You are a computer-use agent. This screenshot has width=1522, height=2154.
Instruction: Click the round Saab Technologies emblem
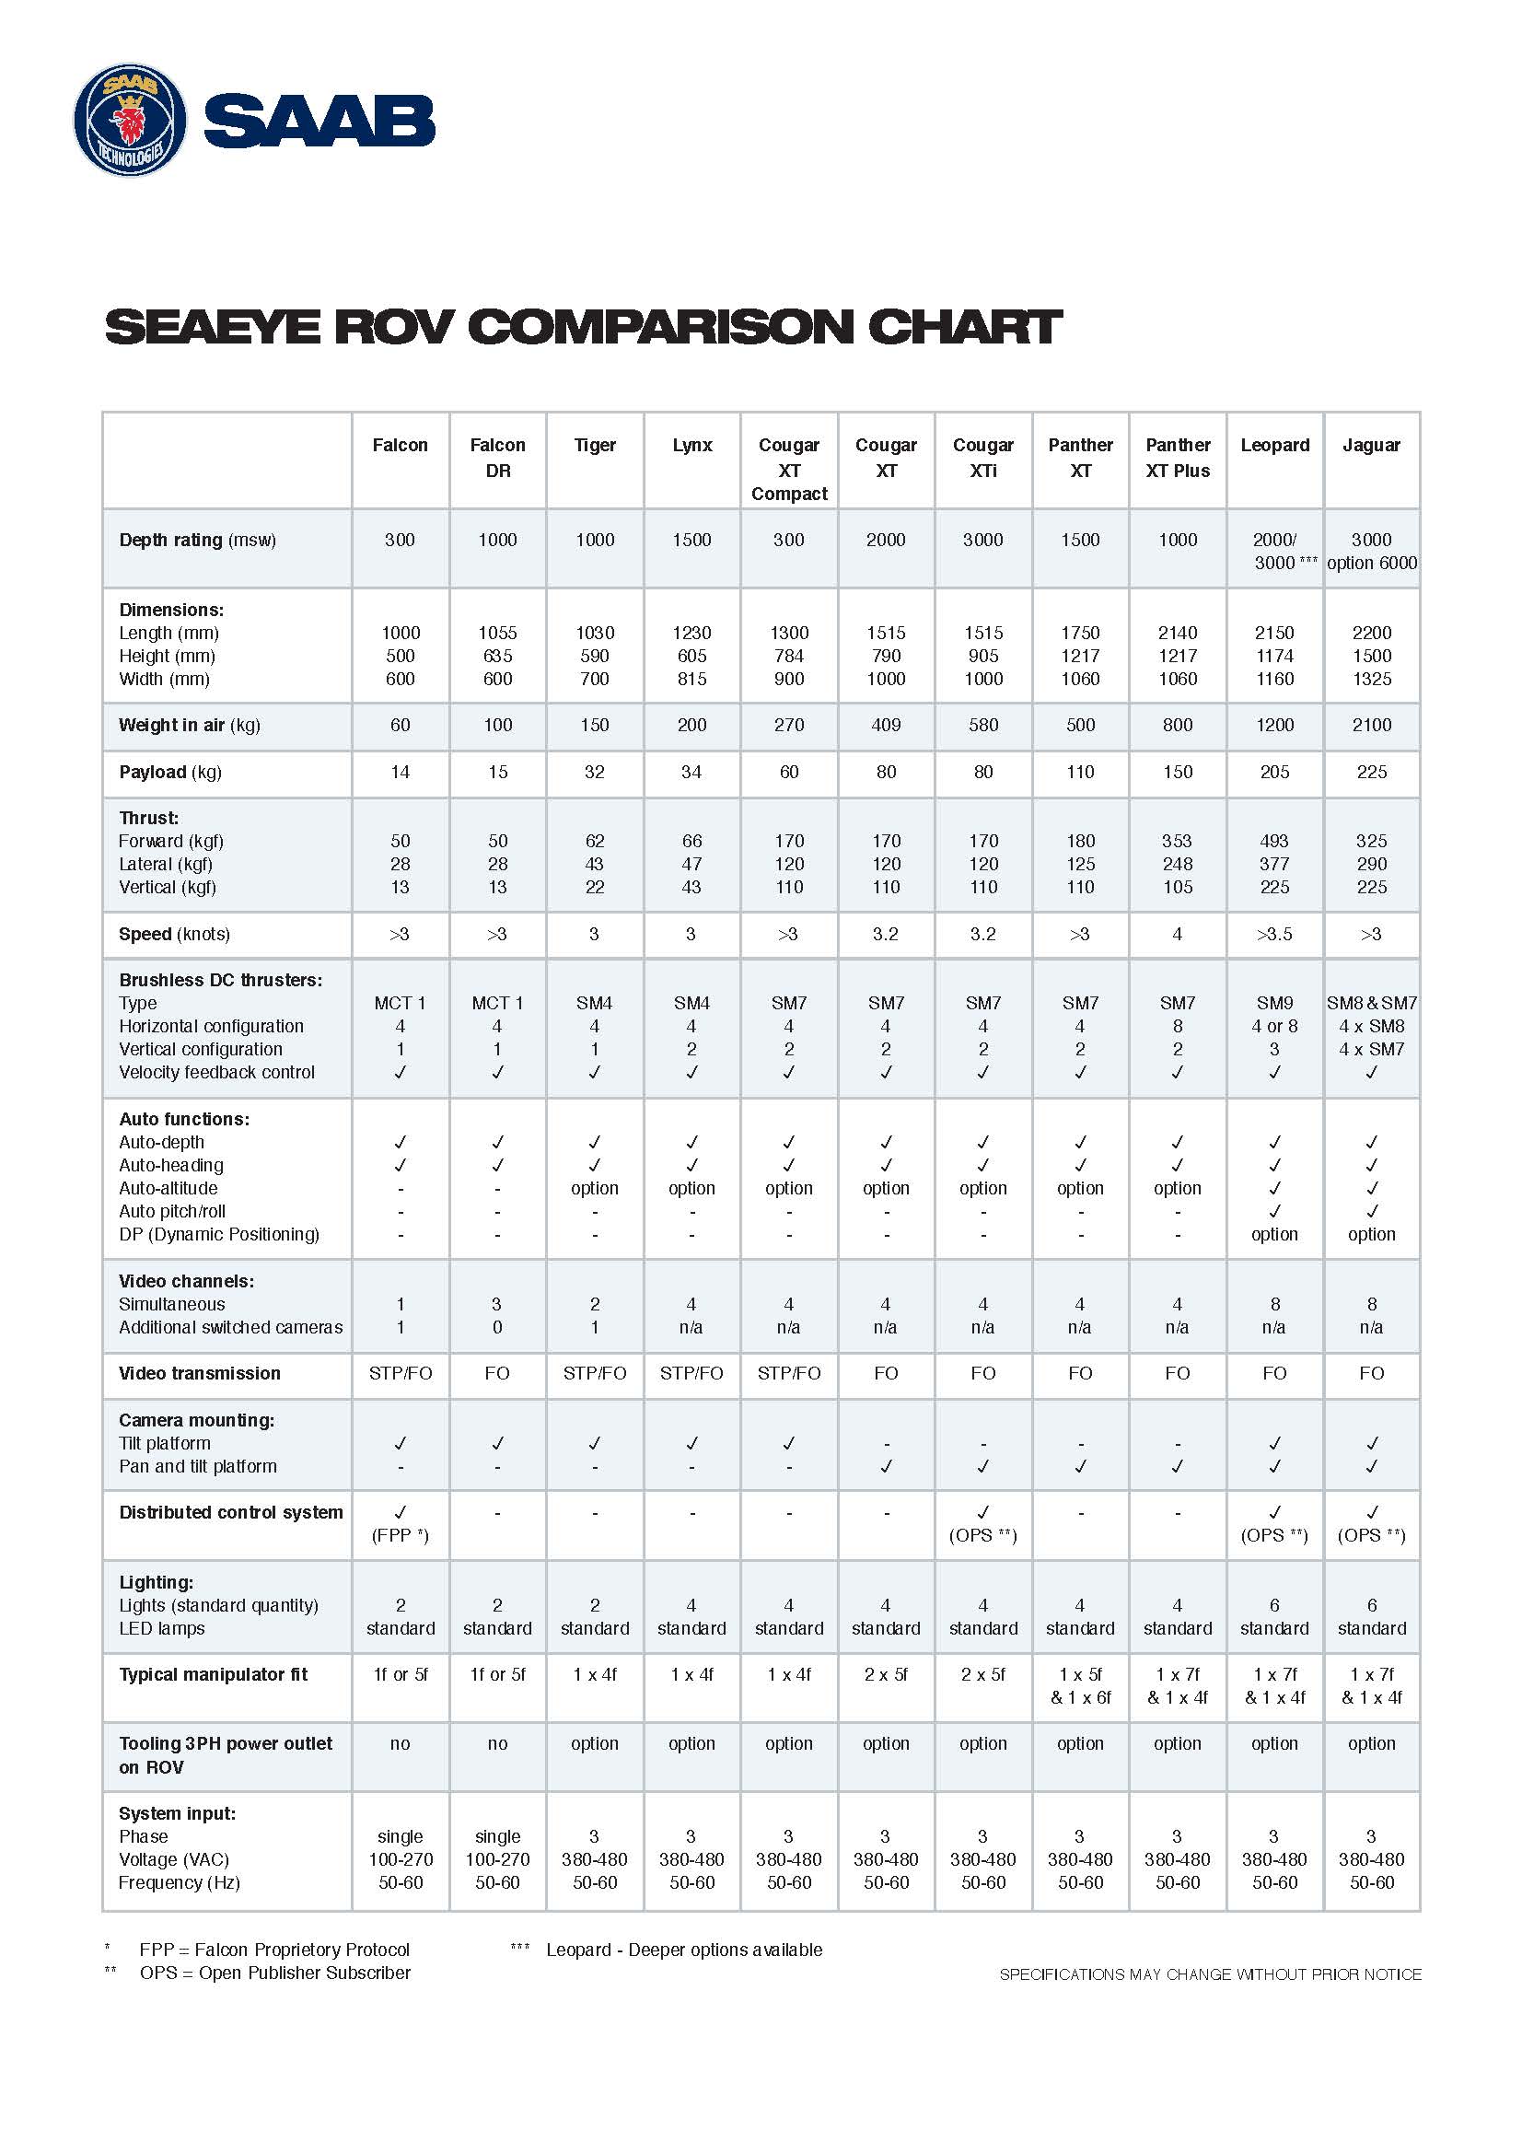click(x=131, y=120)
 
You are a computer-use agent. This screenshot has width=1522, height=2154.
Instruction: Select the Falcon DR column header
click(x=497, y=458)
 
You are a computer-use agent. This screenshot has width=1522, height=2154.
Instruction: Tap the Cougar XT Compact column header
click(x=789, y=469)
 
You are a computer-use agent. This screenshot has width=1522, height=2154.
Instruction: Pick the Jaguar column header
click(x=1371, y=445)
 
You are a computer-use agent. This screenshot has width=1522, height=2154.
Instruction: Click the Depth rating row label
click(x=198, y=540)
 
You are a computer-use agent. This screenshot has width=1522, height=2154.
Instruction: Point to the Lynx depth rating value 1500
click(x=691, y=540)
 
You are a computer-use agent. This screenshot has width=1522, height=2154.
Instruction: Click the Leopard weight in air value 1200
click(x=1274, y=724)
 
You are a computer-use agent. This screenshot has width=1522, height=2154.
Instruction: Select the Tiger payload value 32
click(x=595, y=771)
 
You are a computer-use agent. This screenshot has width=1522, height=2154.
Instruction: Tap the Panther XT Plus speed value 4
click(x=1177, y=934)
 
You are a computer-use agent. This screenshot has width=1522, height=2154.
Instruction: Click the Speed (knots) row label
click(x=174, y=934)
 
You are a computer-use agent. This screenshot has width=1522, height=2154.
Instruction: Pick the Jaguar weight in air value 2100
click(x=1371, y=724)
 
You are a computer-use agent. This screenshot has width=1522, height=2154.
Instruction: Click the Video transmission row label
click(x=200, y=1372)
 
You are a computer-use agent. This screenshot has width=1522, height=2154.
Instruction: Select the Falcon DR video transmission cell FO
click(x=497, y=1372)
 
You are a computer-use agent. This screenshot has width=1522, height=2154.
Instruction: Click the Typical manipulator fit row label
click(x=213, y=1673)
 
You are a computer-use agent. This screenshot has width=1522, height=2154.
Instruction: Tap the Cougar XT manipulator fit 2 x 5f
click(x=885, y=1673)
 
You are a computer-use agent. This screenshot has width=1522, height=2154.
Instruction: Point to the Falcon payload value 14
click(x=401, y=771)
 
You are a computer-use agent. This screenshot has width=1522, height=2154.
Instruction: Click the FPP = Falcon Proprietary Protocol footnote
click(x=274, y=1950)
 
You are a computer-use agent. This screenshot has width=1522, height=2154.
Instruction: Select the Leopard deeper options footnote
click(x=683, y=1950)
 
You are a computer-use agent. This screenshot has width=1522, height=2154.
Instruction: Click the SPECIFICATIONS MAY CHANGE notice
click(x=1210, y=1974)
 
